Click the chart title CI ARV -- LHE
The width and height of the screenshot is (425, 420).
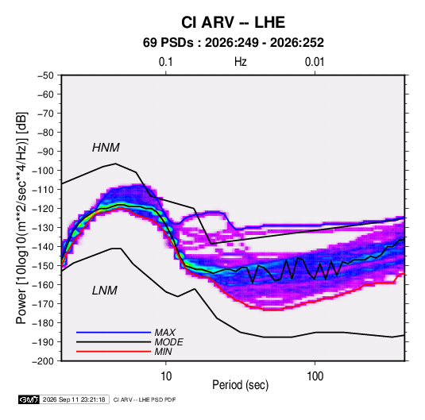tap(233, 22)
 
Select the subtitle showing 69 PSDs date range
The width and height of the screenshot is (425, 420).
tap(233, 43)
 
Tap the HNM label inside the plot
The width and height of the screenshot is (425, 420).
tap(106, 148)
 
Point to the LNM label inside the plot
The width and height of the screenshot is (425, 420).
tap(105, 291)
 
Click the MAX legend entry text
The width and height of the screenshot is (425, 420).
tap(164, 332)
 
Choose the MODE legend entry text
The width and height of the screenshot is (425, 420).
tap(169, 342)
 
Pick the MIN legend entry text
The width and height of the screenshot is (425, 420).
tap(163, 352)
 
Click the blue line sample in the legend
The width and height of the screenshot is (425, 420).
tap(114, 332)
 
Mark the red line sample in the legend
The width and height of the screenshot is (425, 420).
tap(114, 352)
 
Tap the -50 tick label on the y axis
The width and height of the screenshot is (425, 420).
tap(45, 75)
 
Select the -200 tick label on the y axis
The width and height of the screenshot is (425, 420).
tap(43, 361)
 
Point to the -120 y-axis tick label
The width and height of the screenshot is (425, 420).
tap(43, 209)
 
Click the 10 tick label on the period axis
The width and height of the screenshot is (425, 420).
tap(166, 376)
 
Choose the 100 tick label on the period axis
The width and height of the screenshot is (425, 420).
tap(315, 376)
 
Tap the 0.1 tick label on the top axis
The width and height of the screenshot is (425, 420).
tap(165, 62)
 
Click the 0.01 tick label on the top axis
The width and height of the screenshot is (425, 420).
tap(315, 62)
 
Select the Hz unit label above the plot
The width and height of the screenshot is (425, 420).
tap(241, 62)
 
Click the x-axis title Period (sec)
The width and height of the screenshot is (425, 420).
tap(241, 385)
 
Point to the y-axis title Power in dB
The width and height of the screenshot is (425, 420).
tap(21, 218)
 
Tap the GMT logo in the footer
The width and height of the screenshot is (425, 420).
tap(29, 399)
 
